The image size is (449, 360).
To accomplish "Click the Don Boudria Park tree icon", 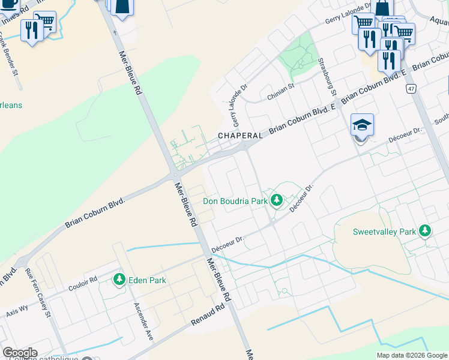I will [x=276, y=199].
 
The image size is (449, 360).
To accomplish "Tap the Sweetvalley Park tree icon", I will [x=425, y=230].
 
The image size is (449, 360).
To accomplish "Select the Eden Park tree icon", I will [x=119, y=279].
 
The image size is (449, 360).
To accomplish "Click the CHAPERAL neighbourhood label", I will [x=240, y=136].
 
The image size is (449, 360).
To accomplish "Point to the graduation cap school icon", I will [x=362, y=125].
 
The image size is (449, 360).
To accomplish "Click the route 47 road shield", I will [x=411, y=89].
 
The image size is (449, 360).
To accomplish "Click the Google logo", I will [x=20, y=353].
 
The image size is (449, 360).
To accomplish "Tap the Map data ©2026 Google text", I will [x=411, y=355].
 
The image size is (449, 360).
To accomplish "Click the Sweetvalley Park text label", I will [x=384, y=232].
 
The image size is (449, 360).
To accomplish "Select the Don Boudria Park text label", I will [x=235, y=202].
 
